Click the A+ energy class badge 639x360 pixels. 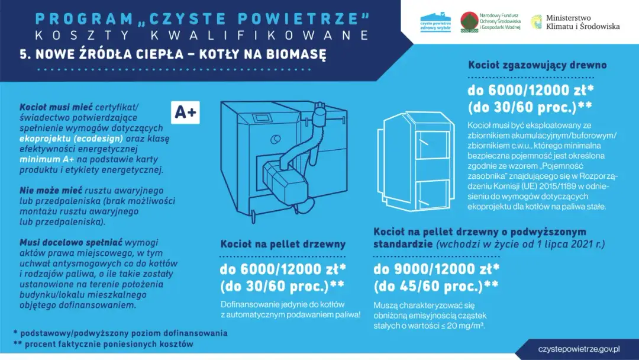(185, 112)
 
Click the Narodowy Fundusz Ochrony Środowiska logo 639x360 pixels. (490, 22)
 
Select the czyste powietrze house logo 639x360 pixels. (435, 22)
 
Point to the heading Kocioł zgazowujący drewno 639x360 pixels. (537, 65)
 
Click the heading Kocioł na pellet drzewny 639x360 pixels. (283, 244)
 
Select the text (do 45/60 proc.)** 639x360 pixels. (435, 287)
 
